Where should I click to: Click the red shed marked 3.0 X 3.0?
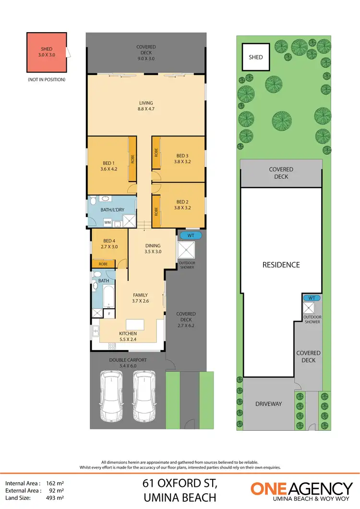coord(47,52)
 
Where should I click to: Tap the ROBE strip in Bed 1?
coord(132,158)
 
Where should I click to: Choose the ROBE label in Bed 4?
coord(103,264)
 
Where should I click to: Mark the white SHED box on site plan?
coord(256,57)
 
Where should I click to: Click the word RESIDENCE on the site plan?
coord(281,265)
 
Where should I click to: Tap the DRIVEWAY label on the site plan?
coord(268,404)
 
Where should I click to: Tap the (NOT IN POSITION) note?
coord(47,79)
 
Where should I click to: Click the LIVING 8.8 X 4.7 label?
coord(146,106)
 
